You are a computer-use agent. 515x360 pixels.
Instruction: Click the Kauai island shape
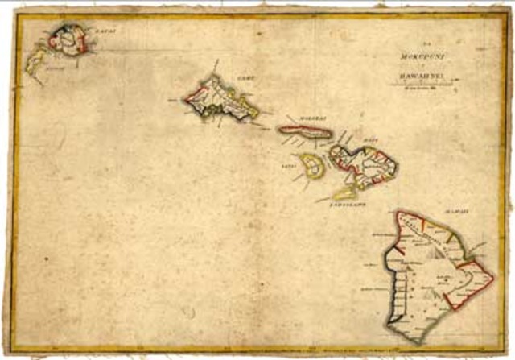65,39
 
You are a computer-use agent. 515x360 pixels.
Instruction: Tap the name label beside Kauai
105,31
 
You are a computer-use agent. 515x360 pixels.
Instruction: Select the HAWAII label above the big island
458,211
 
